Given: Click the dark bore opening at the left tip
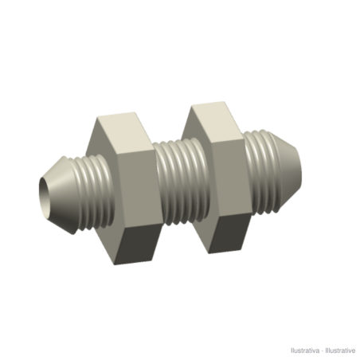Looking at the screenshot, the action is (44, 195).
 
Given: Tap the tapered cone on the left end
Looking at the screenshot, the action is (62, 195).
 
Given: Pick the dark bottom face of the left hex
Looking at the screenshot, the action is (138, 245).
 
